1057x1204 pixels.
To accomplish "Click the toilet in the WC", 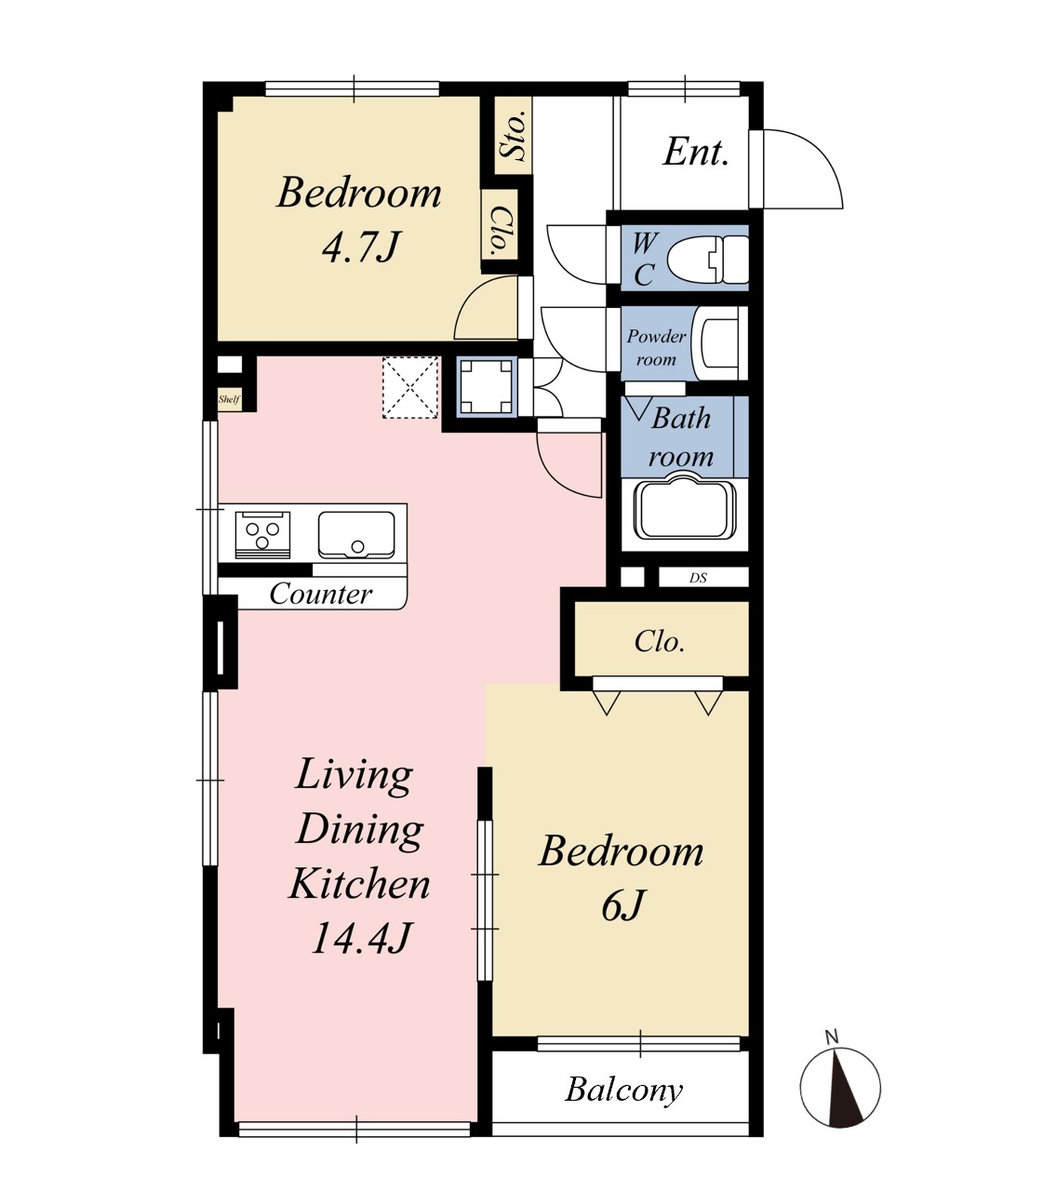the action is [707, 260].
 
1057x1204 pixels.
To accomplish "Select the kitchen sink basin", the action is [356, 534].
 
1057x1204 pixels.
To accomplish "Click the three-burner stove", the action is [262, 534].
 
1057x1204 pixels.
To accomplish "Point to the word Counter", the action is [320, 594].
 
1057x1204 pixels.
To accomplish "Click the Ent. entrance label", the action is [696, 153].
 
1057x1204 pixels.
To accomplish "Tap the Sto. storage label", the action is [513, 135].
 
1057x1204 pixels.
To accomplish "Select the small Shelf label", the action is [229, 399].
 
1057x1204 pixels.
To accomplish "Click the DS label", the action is [698, 578].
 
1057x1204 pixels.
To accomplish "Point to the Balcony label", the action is [623, 1090].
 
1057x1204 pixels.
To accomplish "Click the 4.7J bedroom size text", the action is [361, 247].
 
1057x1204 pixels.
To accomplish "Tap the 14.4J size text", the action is [360, 939].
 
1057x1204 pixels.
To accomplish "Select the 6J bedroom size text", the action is [622, 905].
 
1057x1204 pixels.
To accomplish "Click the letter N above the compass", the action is [832, 1037].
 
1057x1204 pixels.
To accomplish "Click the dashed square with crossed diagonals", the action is [410, 387].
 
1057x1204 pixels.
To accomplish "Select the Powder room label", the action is [656, 348].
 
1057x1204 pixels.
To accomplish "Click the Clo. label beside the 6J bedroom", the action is [660, 641].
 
